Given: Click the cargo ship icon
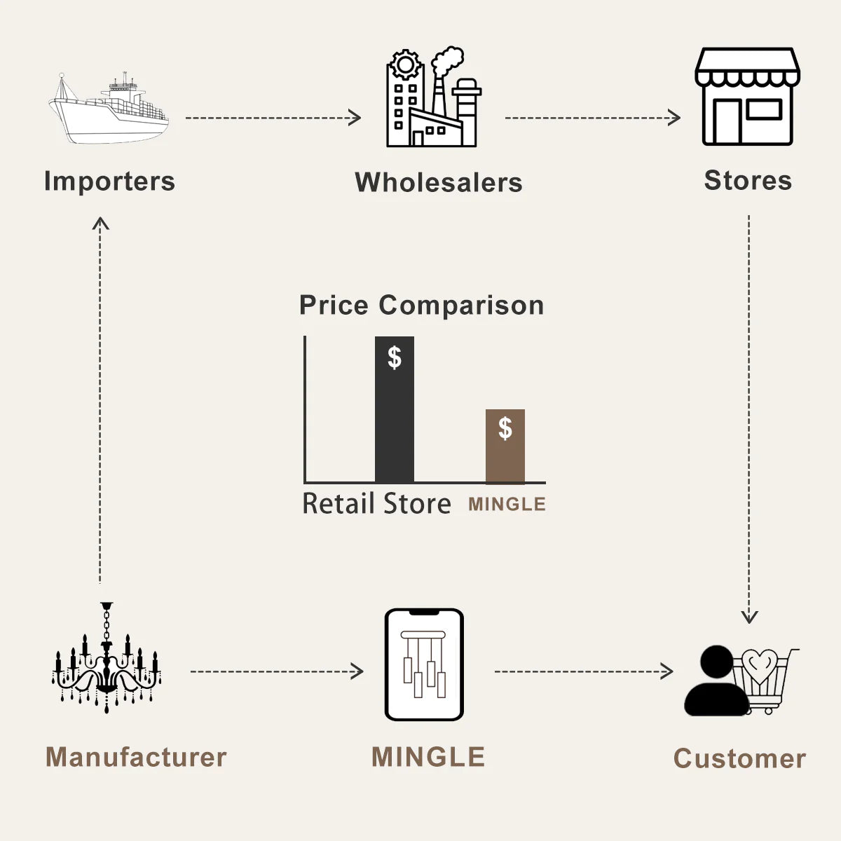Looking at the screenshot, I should pos(109,111).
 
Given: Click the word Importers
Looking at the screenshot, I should pos(109,181).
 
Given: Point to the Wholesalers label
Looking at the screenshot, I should pos(439,182).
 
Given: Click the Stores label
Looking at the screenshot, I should pos(748,180).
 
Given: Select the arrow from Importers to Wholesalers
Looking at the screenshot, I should pos(273,118).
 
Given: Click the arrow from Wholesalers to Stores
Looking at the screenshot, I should pos(592,118).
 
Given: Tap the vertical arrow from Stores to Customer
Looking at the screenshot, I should pos(749,420).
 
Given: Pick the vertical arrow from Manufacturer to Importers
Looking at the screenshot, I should pos(100,399).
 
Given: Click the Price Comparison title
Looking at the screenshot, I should pos(421,306).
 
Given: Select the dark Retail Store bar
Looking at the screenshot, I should pos(395,420).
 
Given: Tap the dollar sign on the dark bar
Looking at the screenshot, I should pos(395,357).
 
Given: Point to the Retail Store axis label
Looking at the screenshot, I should pos(376,504).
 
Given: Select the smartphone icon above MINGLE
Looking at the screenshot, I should pos(424,664).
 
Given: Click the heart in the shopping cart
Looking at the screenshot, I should pos(760,664).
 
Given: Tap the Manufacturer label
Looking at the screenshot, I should pos(136,758).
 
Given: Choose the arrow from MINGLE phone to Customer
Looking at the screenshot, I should pos(583,671).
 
